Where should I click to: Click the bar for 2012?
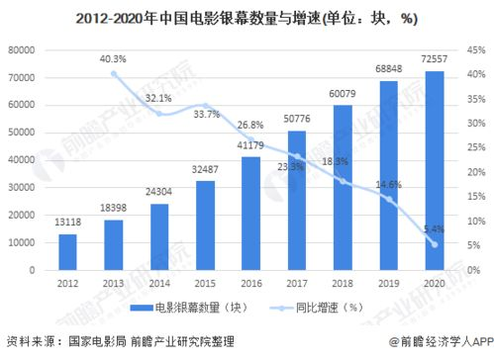(x=67, y=251)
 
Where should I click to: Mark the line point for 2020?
(x=433, y=244)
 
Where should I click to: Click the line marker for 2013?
(x=114, y=73)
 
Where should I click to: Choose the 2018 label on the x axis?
(x=342, y=284)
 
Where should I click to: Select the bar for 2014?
(x=159, y=236)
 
